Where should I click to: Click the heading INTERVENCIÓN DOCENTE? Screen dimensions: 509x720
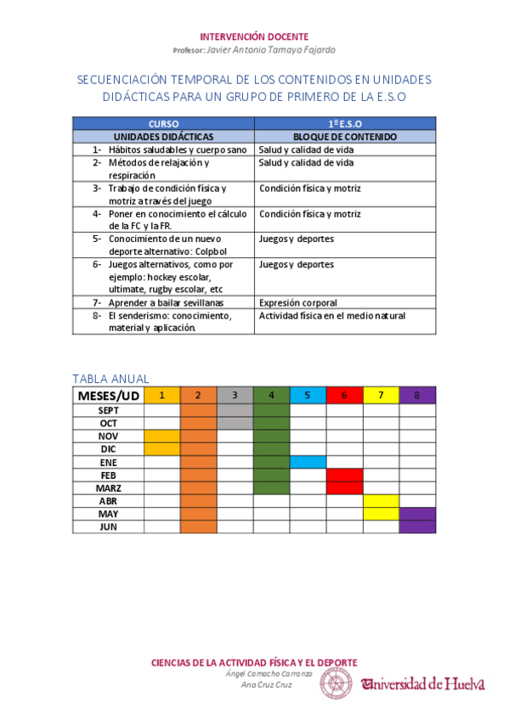tap(253, 37)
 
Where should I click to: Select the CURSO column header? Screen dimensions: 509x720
tap(163, 123)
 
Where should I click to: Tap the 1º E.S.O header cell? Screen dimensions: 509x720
tap(344, 123)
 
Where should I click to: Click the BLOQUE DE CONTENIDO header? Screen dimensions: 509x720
tap(344, 136)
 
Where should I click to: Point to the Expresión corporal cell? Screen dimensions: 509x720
tap(298, 302)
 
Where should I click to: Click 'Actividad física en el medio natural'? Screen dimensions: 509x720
tap(332, 316)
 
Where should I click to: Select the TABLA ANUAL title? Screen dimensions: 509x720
tap(110, 379)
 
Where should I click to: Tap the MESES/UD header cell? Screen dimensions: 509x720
tap(108, 395)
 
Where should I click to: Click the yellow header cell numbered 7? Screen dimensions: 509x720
tap(381, 395)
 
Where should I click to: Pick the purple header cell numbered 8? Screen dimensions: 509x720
tap(417, 395)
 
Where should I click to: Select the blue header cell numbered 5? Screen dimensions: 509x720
tap(308, 395)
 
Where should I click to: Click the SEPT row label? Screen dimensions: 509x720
tap(108, 410)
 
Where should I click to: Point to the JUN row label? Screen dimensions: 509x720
tap(108, 526)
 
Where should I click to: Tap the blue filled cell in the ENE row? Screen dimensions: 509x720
tap(308, 462)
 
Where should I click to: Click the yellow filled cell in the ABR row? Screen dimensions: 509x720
tap(381, 501)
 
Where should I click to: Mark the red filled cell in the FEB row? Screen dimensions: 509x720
tap(344, 475)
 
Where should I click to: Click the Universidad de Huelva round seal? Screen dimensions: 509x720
tap(336, 683)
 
